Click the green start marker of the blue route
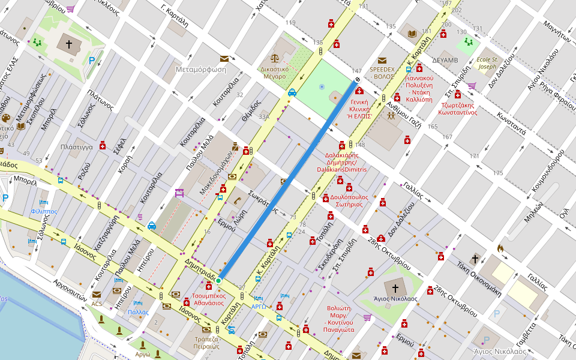coord(219,280)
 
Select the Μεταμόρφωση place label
coord(200,69)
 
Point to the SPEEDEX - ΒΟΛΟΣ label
coord(382,73)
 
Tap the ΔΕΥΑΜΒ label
coord(445,60)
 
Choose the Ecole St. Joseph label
coord(487,63)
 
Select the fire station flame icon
coord(500,247)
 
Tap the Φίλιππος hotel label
coord(44,212)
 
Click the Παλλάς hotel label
coord(138,312)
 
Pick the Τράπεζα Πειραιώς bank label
coord(206,342)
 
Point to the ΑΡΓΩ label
coord(259,307)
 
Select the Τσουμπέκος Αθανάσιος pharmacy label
coord(209,299)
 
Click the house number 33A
coord(264,118)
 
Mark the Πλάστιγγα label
coord(76,147)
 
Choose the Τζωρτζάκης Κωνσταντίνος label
coord(457,108)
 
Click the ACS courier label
coord(97,304)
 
